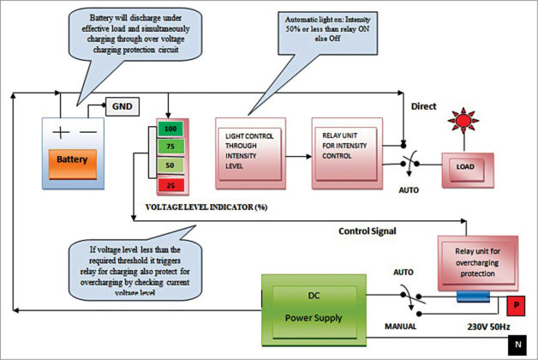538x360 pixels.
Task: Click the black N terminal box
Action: tap(517, 345)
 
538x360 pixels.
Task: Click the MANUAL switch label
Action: tap(401, 326)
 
